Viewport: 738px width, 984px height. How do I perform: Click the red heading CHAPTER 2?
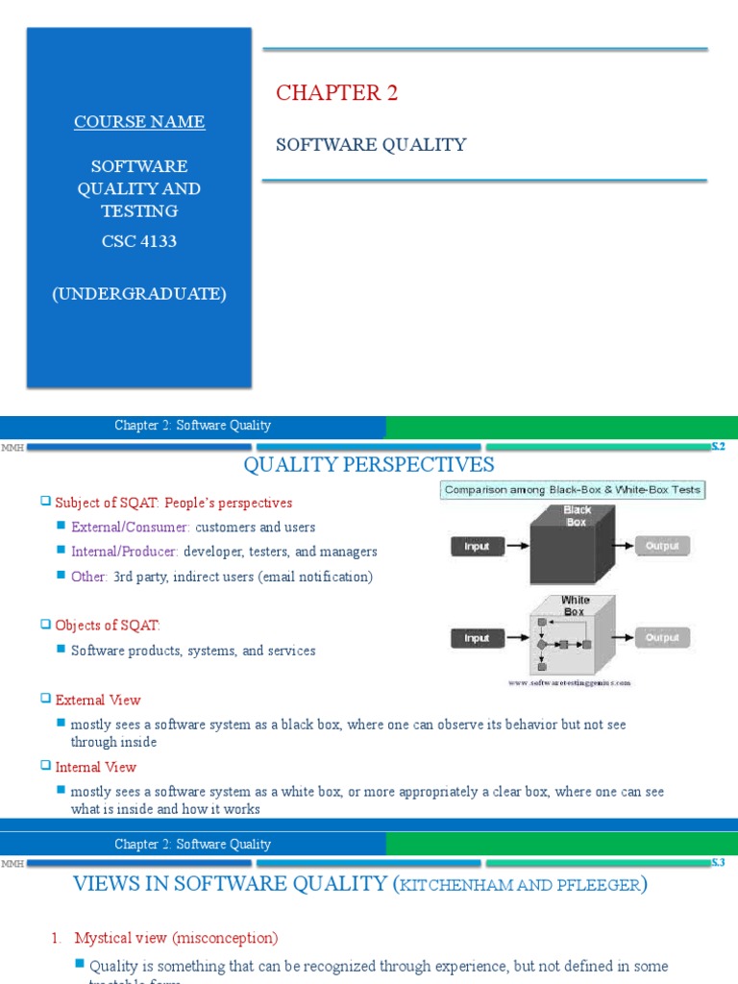point(336,93)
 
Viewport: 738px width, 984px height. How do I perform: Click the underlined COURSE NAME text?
point(139,122)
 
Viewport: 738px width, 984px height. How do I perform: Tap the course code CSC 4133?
point(139,241)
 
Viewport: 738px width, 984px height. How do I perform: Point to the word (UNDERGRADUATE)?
point(139,294)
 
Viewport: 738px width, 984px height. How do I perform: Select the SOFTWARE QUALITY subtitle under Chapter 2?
point(371,145)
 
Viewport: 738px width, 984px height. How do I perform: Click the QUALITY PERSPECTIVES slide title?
point(369,466)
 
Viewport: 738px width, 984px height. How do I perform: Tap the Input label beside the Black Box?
point(477,546)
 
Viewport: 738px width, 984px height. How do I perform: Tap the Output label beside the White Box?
point(662,637)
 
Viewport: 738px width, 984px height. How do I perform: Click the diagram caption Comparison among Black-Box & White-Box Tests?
point(573,490)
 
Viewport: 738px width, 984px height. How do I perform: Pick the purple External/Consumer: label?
point(131,528)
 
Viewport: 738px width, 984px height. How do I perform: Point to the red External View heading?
point(98,701)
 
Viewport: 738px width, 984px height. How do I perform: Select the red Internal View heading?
point(96,767)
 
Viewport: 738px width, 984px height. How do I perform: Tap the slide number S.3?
point(717,863)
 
